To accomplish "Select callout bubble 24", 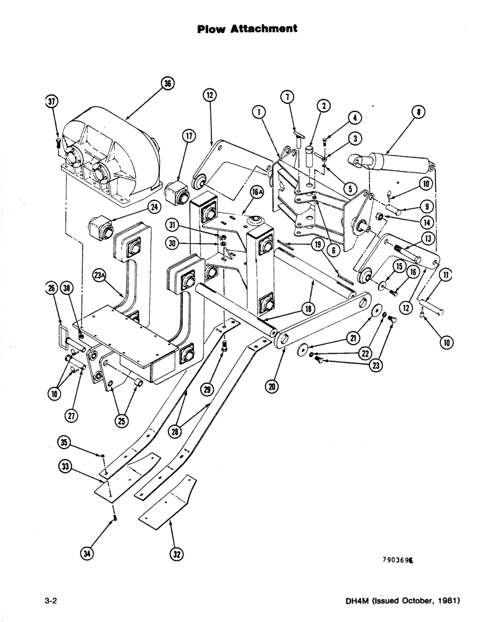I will point(154,207).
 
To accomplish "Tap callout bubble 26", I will point(51,287).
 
